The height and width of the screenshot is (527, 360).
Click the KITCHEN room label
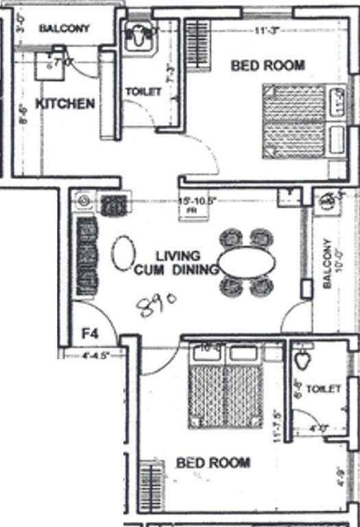[64, 104]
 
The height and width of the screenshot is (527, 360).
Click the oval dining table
[248, 261]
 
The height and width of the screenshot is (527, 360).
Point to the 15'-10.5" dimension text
[197, 201]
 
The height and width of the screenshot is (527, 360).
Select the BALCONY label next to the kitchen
[64, 29]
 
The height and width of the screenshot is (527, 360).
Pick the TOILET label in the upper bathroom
[143, 91]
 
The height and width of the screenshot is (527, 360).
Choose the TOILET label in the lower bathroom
[324, 389]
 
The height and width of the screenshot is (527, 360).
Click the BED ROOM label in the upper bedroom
[268, 66]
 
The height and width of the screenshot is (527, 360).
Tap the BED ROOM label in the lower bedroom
[213, 462]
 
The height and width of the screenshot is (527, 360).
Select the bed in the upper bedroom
[293, 121]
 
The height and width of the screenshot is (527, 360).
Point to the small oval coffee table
[123, 253]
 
